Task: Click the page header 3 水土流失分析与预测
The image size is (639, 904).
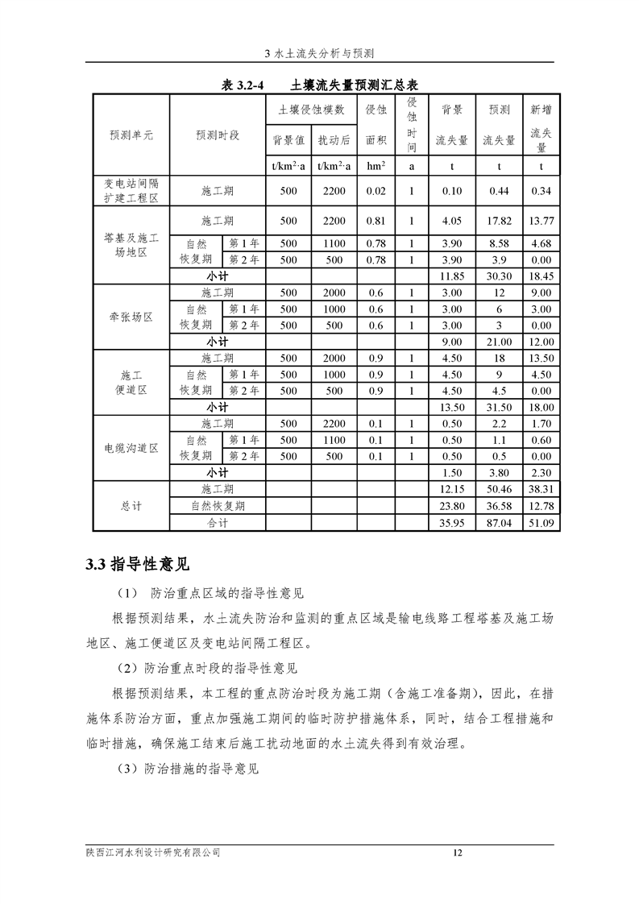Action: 319,53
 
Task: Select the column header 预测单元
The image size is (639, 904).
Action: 131,135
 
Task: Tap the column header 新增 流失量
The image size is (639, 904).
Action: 541,127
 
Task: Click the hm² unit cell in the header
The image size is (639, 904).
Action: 376,166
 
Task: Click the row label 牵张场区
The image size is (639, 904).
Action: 131,317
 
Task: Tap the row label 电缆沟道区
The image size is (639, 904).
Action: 131,448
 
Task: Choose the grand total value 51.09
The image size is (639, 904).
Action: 541,523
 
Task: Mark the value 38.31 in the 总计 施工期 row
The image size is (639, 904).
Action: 541,489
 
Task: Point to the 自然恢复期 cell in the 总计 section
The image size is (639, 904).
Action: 218,506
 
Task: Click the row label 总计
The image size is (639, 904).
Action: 131,506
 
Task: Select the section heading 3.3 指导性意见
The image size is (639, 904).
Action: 138,563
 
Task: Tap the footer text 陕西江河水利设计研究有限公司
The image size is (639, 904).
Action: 153,852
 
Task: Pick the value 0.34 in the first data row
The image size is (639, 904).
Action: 541,191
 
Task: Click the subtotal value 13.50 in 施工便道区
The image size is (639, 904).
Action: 452,407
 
